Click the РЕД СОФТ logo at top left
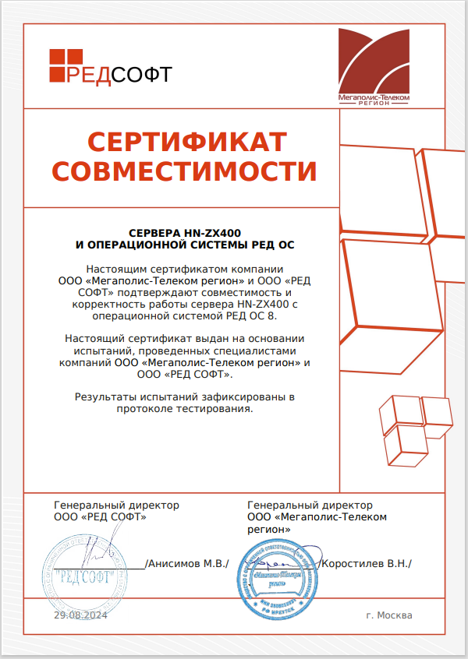pos(110,67)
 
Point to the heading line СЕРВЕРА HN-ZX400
pos(185,231)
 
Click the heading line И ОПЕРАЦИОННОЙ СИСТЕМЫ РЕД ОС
pos(185,244)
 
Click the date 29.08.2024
pos(80,615)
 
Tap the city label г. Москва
pos(388,615)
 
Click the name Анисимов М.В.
pos(187,563)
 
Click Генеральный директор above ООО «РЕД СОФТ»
pos(116,505)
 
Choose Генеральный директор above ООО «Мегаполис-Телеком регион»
pos(310,505)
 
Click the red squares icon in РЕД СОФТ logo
pos(66,65)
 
